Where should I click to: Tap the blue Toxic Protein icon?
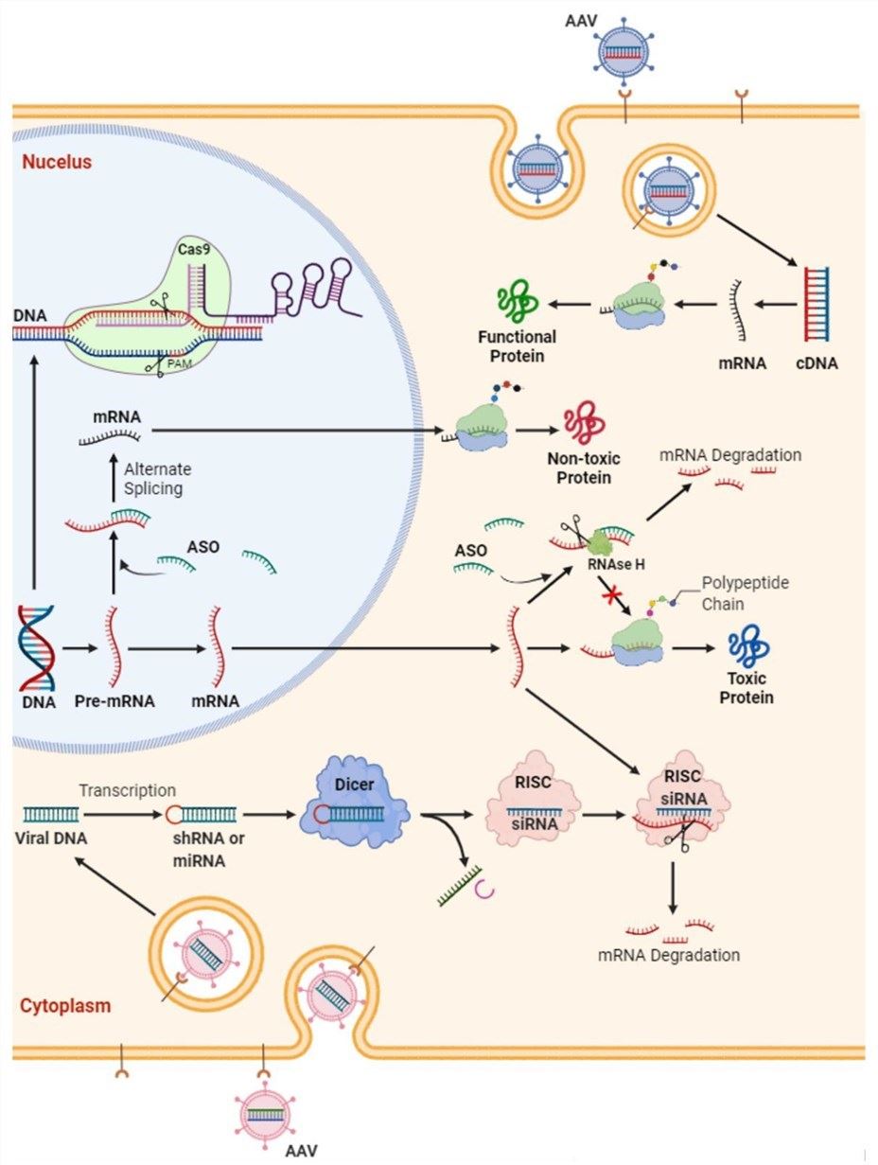coord(751,646)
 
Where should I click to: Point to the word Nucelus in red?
coord(57,162)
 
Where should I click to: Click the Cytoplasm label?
coord(65,1005)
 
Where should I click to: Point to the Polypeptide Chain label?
coord(745,593)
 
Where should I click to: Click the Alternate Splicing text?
coord(158,478)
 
